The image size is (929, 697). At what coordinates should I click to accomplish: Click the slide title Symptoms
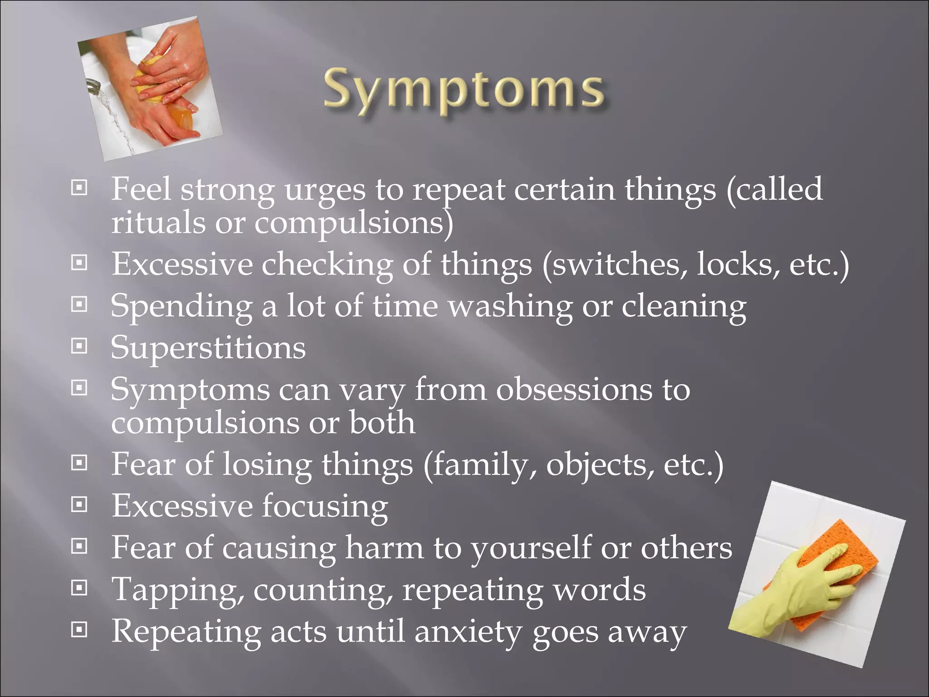click(x=464, y=91)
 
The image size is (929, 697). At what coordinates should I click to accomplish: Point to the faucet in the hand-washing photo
click(x=93, y=86)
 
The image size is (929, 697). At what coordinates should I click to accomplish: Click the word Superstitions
click(x=208, y=348)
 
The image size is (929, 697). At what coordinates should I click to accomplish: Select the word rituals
click(x=158, y=223)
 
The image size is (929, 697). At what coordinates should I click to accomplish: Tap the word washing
click(x=510, y=306)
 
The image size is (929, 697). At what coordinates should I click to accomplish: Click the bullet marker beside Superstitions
click(x=79, y=346)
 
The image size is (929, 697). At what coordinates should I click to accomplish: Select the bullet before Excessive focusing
click(x=79, y=505)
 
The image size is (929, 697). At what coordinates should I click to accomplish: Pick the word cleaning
click(x=683, y=306)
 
